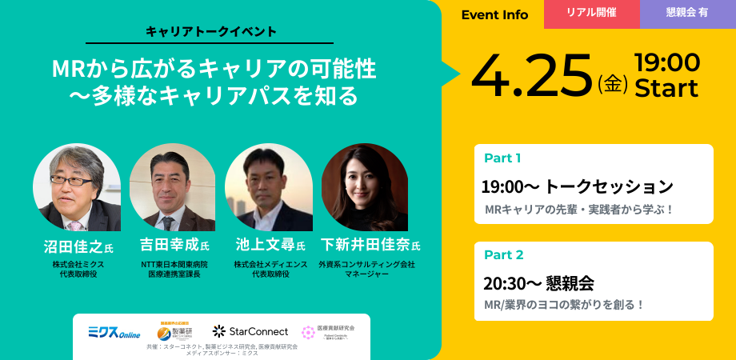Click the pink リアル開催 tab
click(x=591, y=14)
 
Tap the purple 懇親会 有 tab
click(x=686, y=14)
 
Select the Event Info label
click(x=494, y=14)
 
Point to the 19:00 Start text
click(x=666, y=75)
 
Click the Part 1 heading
click(x=503, y=158)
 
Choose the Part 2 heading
click(x=504, y=255)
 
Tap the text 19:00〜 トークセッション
click(x=577, y=187)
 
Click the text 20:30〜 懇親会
click(x=538, y=283)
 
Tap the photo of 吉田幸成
click(x=172, y=188)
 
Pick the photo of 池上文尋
click(x=268, y=188)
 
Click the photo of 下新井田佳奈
click(x=364, y=188)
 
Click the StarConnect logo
click(x=250, y=330)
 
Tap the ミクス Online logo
click(x=114, y=332)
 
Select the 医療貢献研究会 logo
click(x=328, y=330)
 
